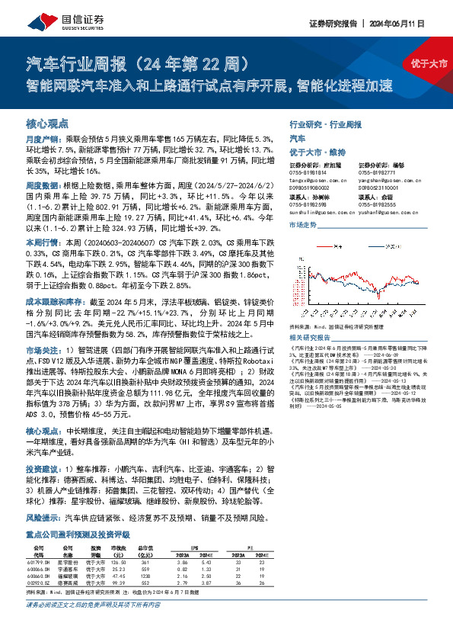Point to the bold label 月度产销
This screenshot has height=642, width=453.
click(x=43, y=140)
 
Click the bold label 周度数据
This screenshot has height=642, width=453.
click(x=43, y=186)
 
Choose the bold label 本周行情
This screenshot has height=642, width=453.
click(x=43, y=242)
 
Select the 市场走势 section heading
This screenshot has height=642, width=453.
click(x=304, y=226)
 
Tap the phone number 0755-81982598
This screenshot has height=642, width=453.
click(x=308, y=206)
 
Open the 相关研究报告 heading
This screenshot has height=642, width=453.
click(x=311, y=337)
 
